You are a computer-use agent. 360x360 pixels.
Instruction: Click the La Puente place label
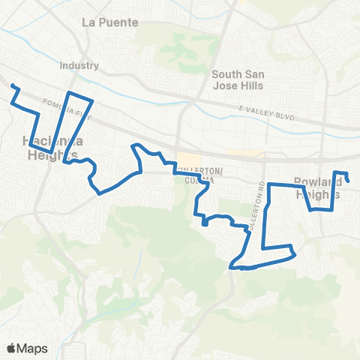[109, 22]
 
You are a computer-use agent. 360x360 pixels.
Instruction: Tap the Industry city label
[79, 65]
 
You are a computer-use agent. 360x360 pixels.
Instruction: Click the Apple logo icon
[12, 348]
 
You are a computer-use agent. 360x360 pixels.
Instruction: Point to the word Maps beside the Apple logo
[33, 348]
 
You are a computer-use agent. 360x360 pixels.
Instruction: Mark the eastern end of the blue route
[349, 181]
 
